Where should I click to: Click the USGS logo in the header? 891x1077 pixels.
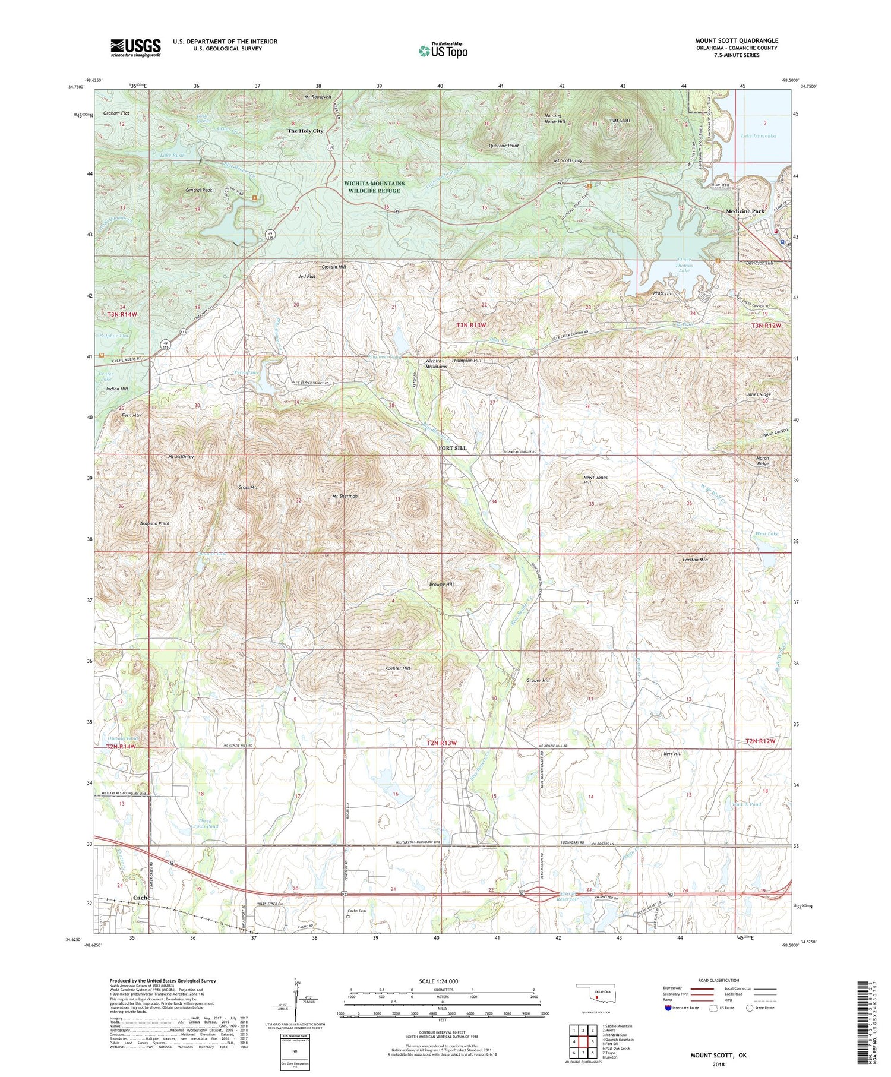pos(135,48)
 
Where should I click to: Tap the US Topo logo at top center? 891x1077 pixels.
pos(443,50)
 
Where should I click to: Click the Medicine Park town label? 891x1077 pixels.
pos(745,211)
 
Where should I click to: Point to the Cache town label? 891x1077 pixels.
pos(141,898)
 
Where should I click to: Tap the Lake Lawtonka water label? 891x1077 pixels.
pos(758,136)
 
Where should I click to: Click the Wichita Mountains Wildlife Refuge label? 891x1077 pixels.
pos(374,187)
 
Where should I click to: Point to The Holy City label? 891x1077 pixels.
pos(305,131)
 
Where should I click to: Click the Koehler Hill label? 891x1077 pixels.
pos(397,668)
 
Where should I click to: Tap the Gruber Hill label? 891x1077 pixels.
pos(538,680)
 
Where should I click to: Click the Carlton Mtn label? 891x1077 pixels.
pos(695,560)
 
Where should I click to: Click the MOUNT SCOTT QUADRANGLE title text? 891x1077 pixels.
pos(737,40)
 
